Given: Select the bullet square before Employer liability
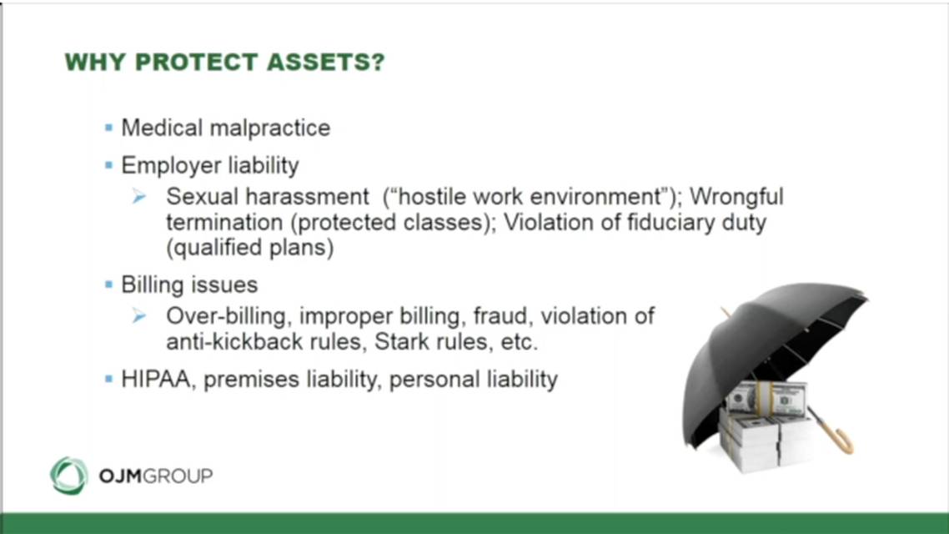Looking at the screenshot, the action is (x=109, y=164).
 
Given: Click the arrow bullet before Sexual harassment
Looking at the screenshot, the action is (x=139, y=196).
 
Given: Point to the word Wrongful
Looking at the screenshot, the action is (x=736, y=197).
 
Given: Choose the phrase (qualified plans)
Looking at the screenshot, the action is (x=250, y=248).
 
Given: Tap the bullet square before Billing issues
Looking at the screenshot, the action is (x=109, y=284).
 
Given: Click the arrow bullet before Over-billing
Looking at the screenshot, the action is (x=139, y=315).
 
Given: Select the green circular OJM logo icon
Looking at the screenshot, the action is (x=69, y=476).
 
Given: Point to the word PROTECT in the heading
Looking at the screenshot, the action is (x=197, y=63).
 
